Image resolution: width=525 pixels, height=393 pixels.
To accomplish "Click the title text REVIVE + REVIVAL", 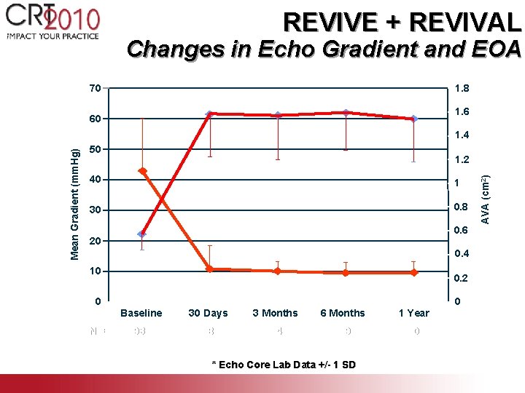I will pos(402,22).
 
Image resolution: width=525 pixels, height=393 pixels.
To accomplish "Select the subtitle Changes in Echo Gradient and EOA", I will pos(323,49).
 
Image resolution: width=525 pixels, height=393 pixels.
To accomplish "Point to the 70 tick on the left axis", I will pos(95,89).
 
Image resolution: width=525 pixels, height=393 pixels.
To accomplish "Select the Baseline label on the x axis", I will pos(141,313).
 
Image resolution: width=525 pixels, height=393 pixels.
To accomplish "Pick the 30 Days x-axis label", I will pos(208,313).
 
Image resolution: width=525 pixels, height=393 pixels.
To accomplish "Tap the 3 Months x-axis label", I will pos(275,313).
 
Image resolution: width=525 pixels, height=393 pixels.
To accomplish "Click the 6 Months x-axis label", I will pos(342,313).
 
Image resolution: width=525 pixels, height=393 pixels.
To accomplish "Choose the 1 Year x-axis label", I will pos(413,313).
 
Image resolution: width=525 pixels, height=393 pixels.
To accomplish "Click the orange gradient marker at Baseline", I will pos(143,171).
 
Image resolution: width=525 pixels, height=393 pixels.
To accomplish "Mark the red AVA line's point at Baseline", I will pos(142,234).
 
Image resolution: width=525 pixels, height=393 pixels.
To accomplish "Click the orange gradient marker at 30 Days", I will pos(209,269).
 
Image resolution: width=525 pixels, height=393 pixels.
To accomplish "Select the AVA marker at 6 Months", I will pos(346,113).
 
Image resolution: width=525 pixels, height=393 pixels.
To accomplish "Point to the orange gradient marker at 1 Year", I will pos(413,273).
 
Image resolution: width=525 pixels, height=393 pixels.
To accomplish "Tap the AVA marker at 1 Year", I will pos(413,119).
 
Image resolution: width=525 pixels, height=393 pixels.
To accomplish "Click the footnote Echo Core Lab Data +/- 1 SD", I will pos(283,365).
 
